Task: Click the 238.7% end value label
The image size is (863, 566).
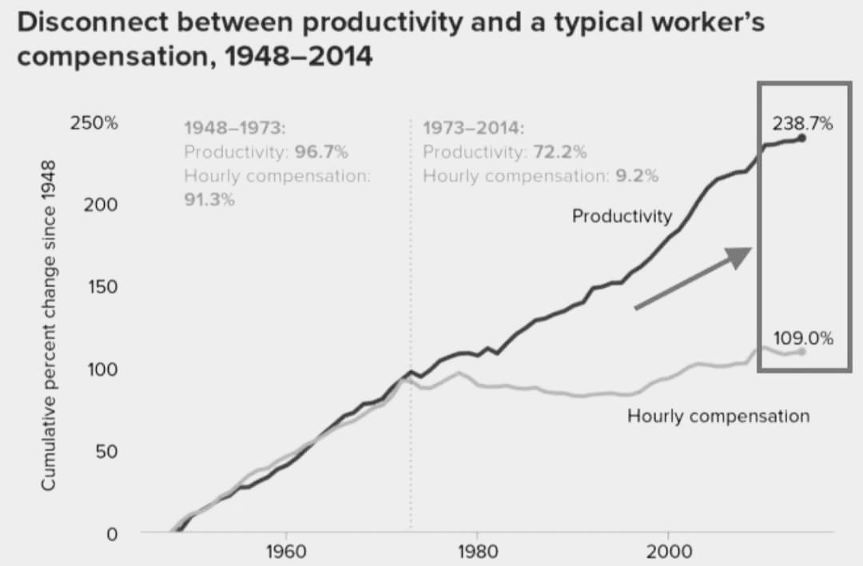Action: [803, 124]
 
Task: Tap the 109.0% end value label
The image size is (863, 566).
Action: [803, 338]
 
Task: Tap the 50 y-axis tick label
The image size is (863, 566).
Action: [106, 452]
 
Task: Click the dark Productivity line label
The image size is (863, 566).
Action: [622, 216]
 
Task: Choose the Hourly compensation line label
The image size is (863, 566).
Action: [718, 416]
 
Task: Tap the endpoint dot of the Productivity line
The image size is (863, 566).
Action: [801, 138]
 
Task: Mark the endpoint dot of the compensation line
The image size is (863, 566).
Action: [801, 352]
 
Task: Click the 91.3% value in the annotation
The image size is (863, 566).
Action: [209, 200]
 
